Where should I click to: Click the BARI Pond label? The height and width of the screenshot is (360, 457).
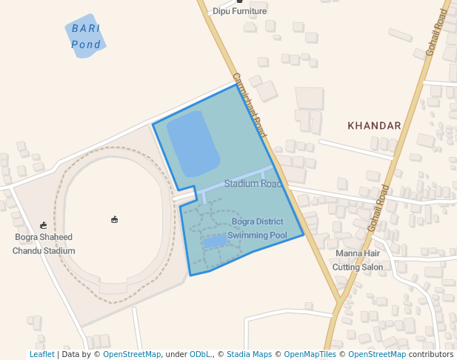86,36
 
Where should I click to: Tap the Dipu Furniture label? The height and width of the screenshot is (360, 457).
239,11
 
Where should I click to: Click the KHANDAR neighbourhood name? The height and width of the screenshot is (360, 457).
374,126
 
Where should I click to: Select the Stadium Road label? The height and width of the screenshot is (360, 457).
253,183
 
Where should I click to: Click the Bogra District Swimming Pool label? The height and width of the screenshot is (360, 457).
257,228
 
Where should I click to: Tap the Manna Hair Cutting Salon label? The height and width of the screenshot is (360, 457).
358,260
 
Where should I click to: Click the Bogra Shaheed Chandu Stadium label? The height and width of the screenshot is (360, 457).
44,244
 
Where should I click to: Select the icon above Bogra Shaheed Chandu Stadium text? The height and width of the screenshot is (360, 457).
44,225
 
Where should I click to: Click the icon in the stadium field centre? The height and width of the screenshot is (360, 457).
114,219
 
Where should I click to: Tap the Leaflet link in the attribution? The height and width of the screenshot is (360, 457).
41,355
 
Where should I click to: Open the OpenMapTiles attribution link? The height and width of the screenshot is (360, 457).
310,355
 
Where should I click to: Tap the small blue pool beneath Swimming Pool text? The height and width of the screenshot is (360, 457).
215,241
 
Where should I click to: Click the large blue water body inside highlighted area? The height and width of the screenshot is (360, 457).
192,143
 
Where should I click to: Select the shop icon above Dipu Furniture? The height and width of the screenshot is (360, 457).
239,1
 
